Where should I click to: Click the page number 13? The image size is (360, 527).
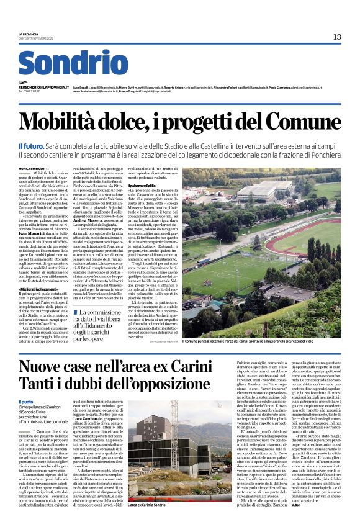pyautogui.click(x=336, y=37)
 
